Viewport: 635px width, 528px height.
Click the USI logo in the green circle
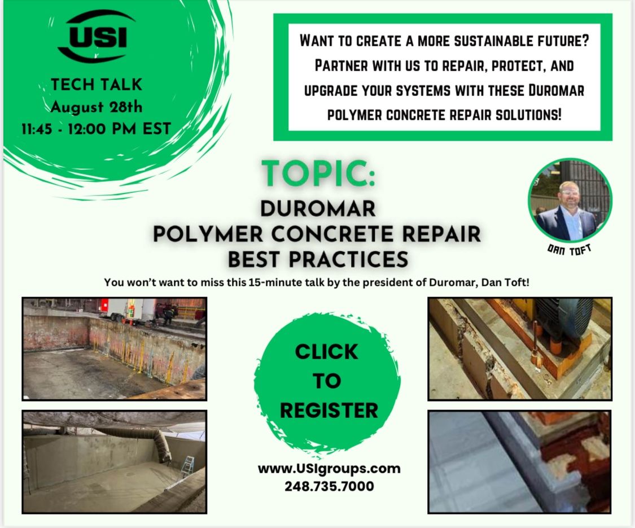point(97,36)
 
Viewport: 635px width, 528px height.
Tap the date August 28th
point(97,107)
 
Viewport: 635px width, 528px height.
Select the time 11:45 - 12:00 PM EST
point(97,129)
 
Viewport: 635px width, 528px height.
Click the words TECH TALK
point(97,85)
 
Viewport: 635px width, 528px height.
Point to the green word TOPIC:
point(318,173)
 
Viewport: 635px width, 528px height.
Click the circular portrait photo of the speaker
point(570,200)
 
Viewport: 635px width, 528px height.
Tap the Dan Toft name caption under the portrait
point(569,250)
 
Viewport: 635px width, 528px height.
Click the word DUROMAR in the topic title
point(318,209)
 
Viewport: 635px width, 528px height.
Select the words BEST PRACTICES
point(318,259)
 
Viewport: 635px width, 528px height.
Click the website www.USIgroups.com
point(329,469)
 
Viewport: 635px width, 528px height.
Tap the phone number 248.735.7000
point(329,486)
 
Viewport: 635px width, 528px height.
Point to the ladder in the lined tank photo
point(187,466)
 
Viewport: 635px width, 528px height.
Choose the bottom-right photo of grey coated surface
point(520,462)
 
